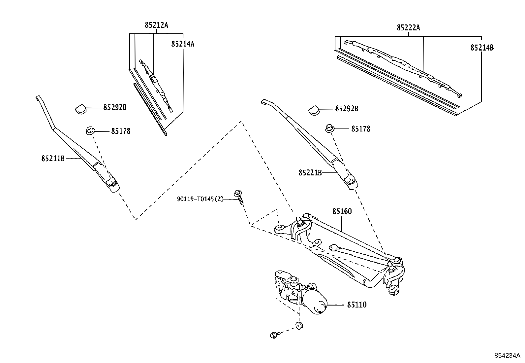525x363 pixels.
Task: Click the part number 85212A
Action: [x=156, y=25]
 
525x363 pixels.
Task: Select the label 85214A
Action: [x=183, y=44]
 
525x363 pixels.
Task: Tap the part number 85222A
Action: [x=408, y=28]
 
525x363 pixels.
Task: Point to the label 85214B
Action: [x=482, y=48]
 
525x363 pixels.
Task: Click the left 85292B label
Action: [x=115, y=107]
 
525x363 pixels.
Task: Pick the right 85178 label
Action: [x=360, y=129]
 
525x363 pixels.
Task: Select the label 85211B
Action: [x=53, y=159]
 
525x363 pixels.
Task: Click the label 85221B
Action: [x=310, y=172]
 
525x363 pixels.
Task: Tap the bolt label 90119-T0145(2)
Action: [x=200, y=199]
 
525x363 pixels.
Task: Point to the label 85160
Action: [x=342, y=211]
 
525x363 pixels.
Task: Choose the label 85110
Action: [x=356, y=305]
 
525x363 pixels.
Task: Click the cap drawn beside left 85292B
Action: [x=80, y=109]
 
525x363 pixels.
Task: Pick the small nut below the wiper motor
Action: [x=299, y=325]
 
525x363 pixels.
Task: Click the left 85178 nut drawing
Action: [x=90, y=130]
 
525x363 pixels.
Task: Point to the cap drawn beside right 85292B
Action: [x=314, y=110]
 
